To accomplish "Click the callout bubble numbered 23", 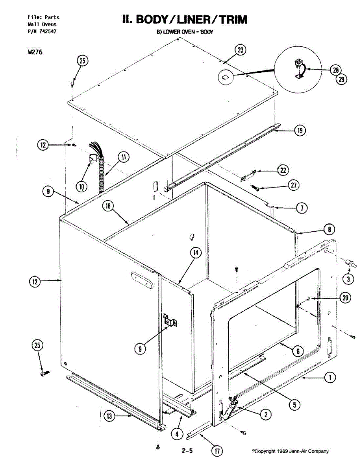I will point(240,50).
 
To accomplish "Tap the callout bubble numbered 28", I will point(335,70).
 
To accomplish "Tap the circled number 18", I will point(108,205).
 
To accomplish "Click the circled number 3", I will point(348,279).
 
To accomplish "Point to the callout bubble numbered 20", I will point(345,298).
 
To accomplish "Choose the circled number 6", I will point(298,351).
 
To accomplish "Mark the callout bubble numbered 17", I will point(216,451).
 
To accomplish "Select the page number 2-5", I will point(187,451).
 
